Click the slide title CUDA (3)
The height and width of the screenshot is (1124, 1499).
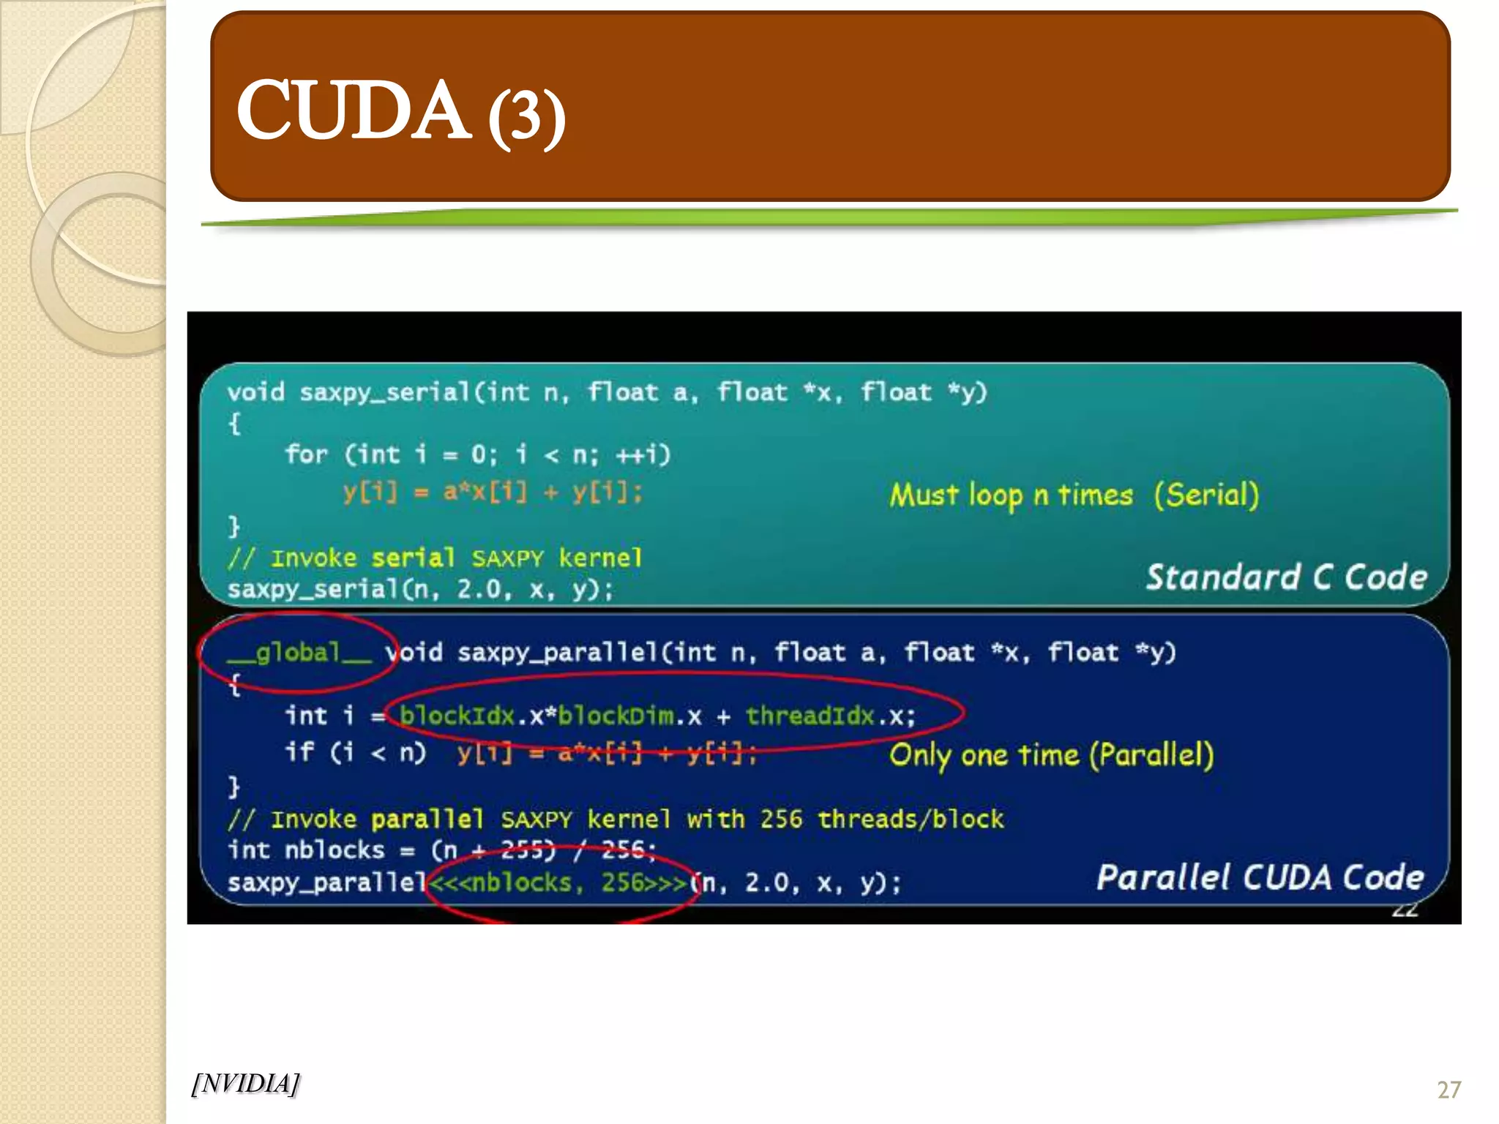tap(400, 112)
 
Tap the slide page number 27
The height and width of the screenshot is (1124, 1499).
tap(1448, 1090)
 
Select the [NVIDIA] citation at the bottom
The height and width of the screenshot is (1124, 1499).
tap(245, 1083)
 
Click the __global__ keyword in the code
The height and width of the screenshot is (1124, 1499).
tap(299, 652)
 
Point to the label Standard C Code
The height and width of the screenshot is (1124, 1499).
tap(1286, 577)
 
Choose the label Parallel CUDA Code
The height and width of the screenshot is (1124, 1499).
tap(1260, 877)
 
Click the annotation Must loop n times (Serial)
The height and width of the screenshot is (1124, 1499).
tap(1074, 495)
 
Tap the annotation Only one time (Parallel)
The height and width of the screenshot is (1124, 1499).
tap(1051, 754)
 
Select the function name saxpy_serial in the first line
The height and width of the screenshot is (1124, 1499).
tap(384, 393)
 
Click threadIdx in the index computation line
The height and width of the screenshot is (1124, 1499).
tap(810, 715)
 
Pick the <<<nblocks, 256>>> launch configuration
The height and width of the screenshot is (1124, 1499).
tap(558, 883)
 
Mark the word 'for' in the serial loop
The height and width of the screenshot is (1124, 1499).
tap(306, 454)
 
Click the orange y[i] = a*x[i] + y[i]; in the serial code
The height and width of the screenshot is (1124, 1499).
tap(493, 492)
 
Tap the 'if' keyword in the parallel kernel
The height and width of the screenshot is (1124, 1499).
tap(299, 752)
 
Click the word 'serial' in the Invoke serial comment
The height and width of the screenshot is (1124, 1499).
tap(413, 558)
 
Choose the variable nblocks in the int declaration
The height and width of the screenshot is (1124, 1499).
tap(334, 850)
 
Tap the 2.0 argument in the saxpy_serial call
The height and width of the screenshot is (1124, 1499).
tap(479, 589)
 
